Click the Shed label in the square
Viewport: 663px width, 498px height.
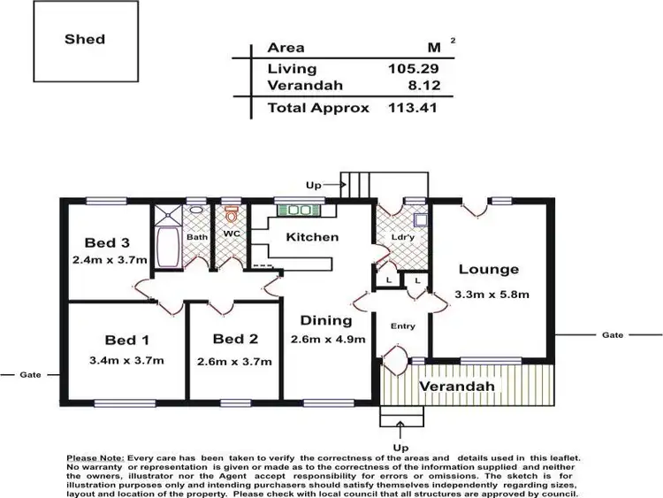tap(85, 39)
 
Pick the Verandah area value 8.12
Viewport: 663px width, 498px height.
tap(422, 87)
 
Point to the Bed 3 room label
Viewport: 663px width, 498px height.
tap(108, 243)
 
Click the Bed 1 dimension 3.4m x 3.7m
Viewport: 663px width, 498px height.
tap(127, 360)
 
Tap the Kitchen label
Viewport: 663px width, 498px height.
tap(312, 237)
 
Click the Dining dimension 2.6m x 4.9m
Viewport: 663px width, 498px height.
tap(328, 339)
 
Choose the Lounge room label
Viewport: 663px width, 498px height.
tap(489, 270)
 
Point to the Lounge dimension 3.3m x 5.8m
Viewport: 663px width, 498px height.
tap(492, 294)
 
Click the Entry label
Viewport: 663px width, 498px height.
tap(403, 326)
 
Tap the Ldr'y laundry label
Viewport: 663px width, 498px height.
tap(401, 237)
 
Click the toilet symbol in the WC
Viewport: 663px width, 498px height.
tap(232, 215)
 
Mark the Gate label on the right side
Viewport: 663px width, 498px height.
tap(613, 335)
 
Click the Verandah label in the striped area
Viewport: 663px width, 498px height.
tap(457, 387)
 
